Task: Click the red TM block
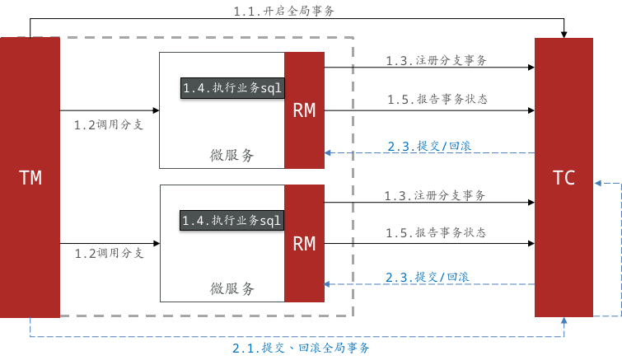click(30, 177)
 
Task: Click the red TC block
click(564, 177)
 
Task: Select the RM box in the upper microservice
click(304, 110)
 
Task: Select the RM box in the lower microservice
click(304, 243)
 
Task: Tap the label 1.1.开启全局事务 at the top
click(284, 12)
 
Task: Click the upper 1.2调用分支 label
click(109, 125)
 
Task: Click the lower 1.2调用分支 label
click(109, 253)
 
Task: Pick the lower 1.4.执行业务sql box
click(232, 220)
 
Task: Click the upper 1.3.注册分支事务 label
click(436, 61)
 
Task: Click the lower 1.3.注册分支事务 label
click(435, 196)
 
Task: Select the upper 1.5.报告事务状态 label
click(437, 99)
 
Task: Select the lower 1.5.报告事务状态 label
click(437, 233)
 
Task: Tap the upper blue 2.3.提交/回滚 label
click(429, 146)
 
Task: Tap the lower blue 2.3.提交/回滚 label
click(428, 277)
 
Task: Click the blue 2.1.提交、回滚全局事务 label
click(301, 348)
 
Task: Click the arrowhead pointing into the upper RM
click(328, 153)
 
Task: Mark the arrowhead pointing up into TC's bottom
click(564, 321)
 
